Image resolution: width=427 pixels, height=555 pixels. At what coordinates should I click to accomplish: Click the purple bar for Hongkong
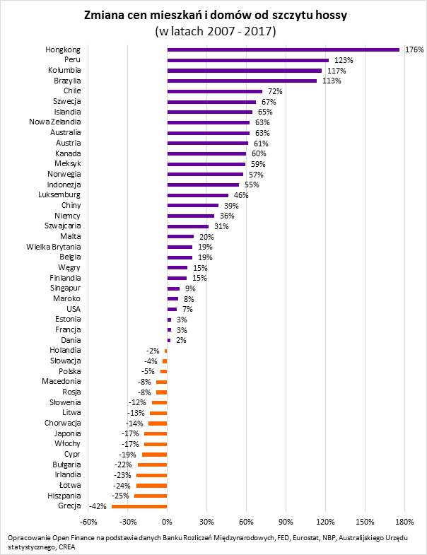[x=283, y=50]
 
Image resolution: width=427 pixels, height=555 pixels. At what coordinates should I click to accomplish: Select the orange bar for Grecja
[x=139, y=506]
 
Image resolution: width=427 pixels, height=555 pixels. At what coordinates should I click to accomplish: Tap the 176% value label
[x=414, y=50]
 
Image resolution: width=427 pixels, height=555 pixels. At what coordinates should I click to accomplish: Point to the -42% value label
[x=98, y=506]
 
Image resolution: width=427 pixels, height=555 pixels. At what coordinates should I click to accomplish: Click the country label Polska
[x=70, y=371]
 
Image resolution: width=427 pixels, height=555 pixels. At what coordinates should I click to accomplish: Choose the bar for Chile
[x=214, y=91]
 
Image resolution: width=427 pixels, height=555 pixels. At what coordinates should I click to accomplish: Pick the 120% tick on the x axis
[x=325, y=522]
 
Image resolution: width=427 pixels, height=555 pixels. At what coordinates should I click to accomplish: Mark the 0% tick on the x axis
[x=167, y=522]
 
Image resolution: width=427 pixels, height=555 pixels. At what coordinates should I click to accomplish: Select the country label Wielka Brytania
[x=54, y=247]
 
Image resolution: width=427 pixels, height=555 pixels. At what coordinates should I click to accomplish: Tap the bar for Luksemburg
[x=197, y=194]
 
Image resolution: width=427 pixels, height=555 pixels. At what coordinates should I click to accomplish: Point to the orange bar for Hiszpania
[x=151, y=496]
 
